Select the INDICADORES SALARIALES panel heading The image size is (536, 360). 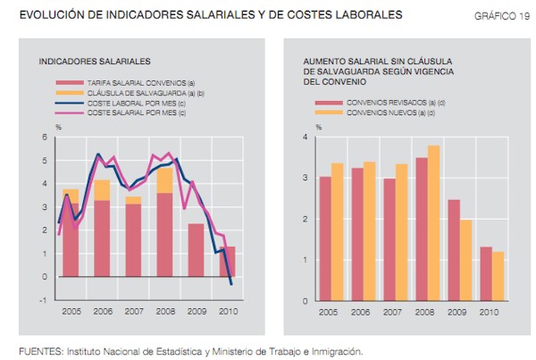(95, 61)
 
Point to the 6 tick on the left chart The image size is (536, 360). (44, 137)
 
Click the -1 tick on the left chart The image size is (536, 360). (42, 300)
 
